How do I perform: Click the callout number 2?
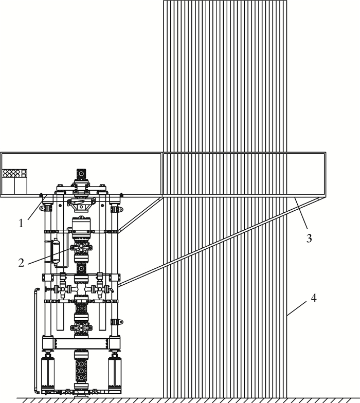pyautogui.click(x=21, y=262)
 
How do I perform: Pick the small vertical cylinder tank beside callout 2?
pyautogui.click(x=56, y=251)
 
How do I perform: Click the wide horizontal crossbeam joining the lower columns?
pyautogui.click(x=81, y=342)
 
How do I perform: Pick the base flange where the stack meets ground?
pyautogui.click(x=81, y=394)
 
